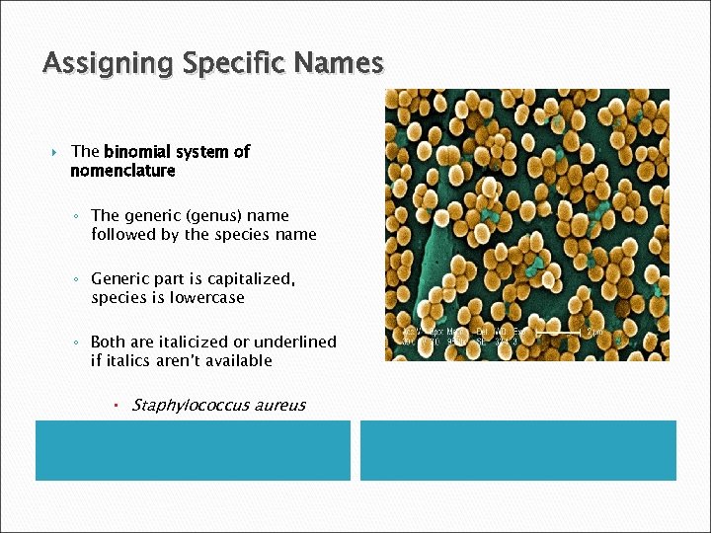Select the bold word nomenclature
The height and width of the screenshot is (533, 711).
pyautogui.click(x=122, y=171)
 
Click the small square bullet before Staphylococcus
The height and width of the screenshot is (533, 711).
pyautogui.click(x=116, y=405)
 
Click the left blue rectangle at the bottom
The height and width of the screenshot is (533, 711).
pyautogui.click(x=193, y=450)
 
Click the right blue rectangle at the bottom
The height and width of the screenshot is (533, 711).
pyautogui.click(x=517, y=450)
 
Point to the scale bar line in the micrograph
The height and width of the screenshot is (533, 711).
pyautogui.click(x=562, y=334)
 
